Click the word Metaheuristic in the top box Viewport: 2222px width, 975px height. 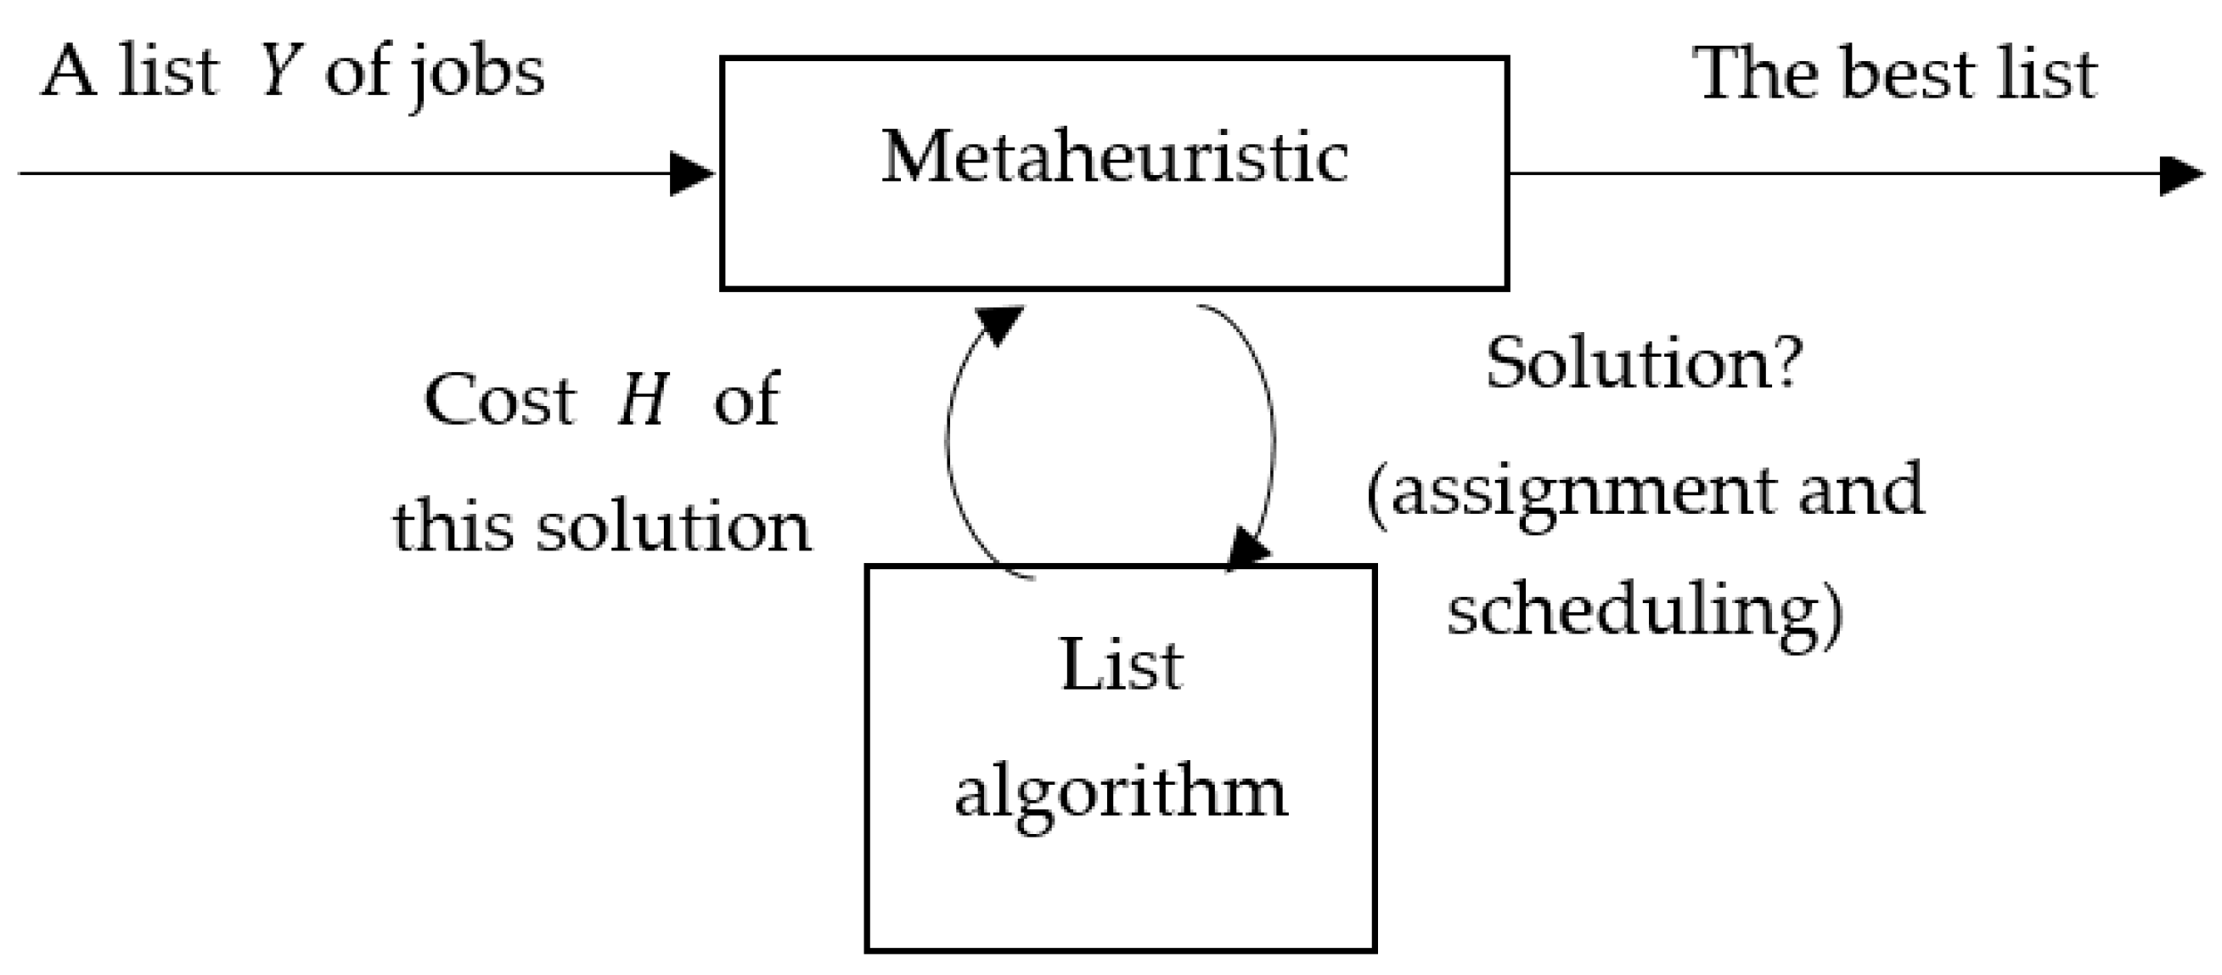[1114, 157]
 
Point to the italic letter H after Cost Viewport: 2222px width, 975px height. [643, 400]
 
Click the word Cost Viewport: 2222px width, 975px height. [499, 400]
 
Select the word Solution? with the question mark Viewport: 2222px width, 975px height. [1644, 364]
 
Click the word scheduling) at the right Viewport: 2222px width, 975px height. [1645, 613]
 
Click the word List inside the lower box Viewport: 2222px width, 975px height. [1121, 665]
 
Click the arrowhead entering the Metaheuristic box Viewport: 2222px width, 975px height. [691, 174]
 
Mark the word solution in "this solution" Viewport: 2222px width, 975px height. [673, 527]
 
